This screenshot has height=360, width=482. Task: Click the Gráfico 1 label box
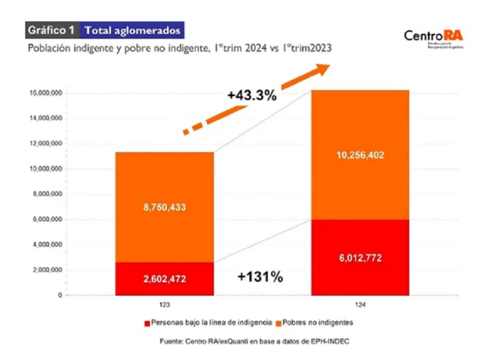coord(52,30)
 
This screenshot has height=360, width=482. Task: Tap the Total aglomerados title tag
coord(132,30)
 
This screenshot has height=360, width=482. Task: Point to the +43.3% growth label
coord(252,96)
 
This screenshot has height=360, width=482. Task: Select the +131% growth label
coord(261,277)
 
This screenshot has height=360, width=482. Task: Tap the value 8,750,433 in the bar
coord(164,207)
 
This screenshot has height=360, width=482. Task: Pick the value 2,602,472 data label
coord(164,279)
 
